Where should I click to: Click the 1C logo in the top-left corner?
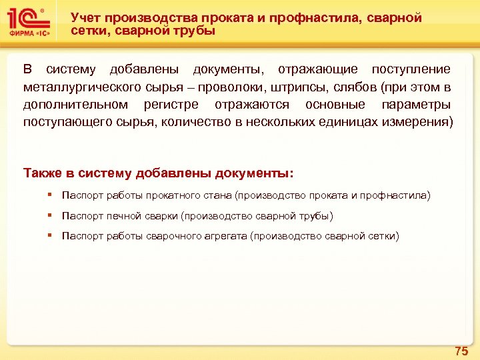point(27,17)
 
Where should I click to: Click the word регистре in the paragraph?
point(171,105)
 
